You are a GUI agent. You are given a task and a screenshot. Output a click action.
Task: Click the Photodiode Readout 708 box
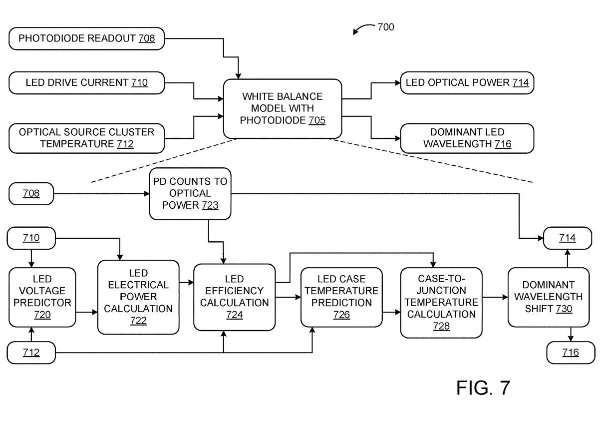pyautogui.click(x=86, y=38)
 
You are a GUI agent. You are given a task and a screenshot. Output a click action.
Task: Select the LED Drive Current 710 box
pyautogui.click(x=86, y=82)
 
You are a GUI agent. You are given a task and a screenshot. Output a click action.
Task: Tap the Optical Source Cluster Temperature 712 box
pyautogui.click(x=86, y=138)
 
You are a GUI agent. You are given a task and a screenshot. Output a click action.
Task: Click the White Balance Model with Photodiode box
pyautogui.click(x=283, y=108)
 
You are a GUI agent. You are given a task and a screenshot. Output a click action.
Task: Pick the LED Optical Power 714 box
pyautogui.click(x=467, y=82)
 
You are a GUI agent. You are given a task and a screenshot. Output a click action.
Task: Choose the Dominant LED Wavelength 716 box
pyautogui.click(x=467, y=138)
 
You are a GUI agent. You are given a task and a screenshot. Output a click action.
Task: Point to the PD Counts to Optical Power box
pyautogui.click(x=190, y=193)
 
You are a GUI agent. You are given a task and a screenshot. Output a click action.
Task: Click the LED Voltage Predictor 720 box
pyautogui.click(x=42, y=297)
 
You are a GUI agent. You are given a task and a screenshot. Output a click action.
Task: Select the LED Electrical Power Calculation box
pyautogui.click(x=138, y=297)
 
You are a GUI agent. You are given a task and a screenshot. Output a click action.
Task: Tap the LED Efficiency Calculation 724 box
pyautogui.click(x=234, y=297)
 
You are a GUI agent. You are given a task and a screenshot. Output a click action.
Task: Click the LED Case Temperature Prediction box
pyautogui.click(x=341, y=297)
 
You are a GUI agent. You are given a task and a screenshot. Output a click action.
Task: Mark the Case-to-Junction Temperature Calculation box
pyautogui.click(x=441, y=302)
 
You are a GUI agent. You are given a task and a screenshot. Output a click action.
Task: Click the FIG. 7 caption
pyautogui.click(x=483, y=388)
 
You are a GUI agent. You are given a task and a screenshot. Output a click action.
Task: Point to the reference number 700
pyautogui.click(x=385, y=27)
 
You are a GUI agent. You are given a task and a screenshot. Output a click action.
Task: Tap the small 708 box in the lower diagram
pyautogui.click(x=31, y=193)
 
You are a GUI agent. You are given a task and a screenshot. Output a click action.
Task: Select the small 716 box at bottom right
pyautogui.click(x=571, y=353)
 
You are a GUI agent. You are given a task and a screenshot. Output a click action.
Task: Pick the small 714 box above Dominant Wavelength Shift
pyautogui.click(x=567, y=238)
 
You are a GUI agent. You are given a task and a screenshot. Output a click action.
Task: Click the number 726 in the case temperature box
pyautogui.click(x=341, y=315)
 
